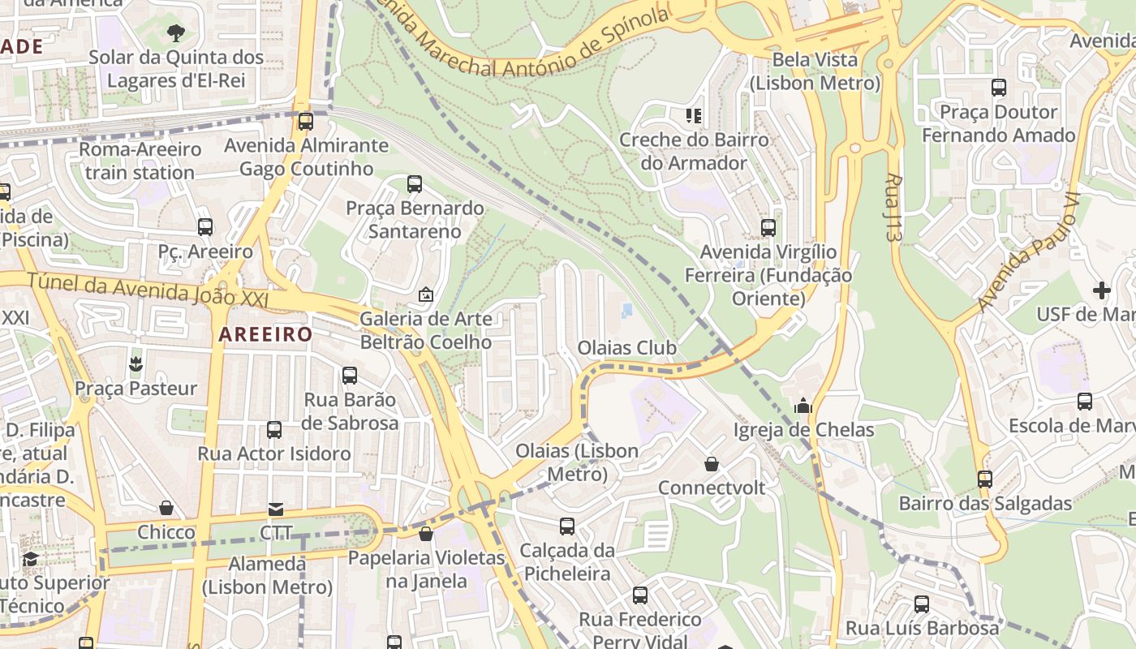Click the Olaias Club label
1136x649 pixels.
pyautogui.click(x=626, y=348)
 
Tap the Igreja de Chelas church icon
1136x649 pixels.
pyautogui.click(x=803, y=406)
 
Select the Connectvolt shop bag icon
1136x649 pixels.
pyautogui.click(x=712, y=464)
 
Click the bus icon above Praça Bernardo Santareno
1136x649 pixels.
pyautogui.click(x=415, y=184)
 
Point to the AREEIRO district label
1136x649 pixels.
pyautogui.click(x=265, y=334)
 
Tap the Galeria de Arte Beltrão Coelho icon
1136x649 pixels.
pyautogui.click(x=425, y=294)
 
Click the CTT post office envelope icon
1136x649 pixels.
pyautogui.click(x=276, y=509)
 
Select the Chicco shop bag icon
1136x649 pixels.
pyautogui.click(x=166, y=509)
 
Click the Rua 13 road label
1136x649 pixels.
pyautogui.click(x=894, y=206)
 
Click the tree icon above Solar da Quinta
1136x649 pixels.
pyautogui.click(x=175, y=33)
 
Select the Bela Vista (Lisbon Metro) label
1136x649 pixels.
pyautogui.click(x=815, y=71)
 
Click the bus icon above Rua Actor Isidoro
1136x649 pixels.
pyautogui.click(x=274, y=429)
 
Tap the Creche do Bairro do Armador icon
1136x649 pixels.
pyautogui.click(x=693, y=115)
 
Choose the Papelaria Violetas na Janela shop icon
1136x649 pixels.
pyautogui.click(x=426, y=534)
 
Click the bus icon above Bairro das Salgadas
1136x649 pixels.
pyautogui.click(x=984, y=479)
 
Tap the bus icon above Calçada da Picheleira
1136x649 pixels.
pyautogui.click(x=567, y=527)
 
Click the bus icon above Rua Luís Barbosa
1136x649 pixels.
pyautogui.click(x=922, y=604)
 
